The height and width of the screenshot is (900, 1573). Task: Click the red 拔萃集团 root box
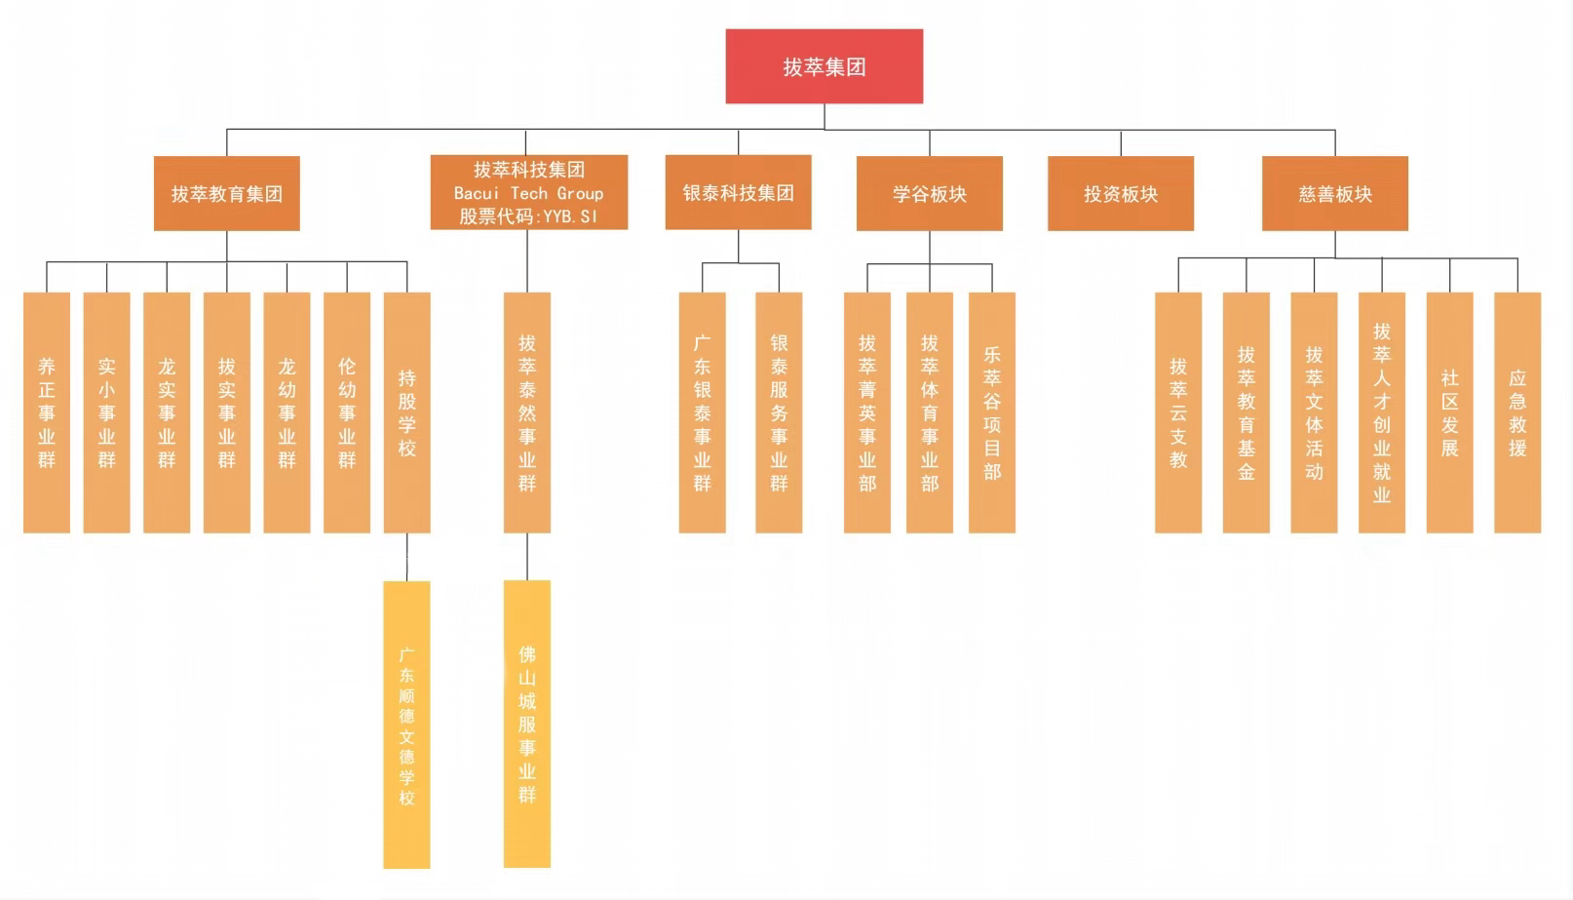824,66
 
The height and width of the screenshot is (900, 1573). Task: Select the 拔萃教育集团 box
226,193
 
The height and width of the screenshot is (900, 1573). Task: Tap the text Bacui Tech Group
528,193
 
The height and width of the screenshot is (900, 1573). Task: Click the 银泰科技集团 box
738,192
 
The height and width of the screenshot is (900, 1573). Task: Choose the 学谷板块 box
929,193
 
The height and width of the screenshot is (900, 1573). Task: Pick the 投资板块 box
1120,193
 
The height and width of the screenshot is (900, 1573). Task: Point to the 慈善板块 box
1334,193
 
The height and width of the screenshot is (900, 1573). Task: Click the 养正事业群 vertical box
47,412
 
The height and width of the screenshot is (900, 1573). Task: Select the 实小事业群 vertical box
106,412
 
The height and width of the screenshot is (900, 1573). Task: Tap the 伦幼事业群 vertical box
347,412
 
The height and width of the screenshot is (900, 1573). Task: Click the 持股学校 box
406,412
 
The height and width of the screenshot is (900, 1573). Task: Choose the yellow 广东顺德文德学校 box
406,724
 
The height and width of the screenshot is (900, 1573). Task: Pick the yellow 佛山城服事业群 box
527,724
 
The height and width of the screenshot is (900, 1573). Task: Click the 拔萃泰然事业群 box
527,412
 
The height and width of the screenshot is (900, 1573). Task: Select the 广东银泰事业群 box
702,412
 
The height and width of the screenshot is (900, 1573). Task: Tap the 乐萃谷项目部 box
991,412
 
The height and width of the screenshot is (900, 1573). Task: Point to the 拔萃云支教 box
1178,412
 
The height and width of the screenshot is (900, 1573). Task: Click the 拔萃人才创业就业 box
1381,412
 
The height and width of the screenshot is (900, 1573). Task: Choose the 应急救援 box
1516,412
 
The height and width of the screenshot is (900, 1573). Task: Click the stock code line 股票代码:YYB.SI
528,216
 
